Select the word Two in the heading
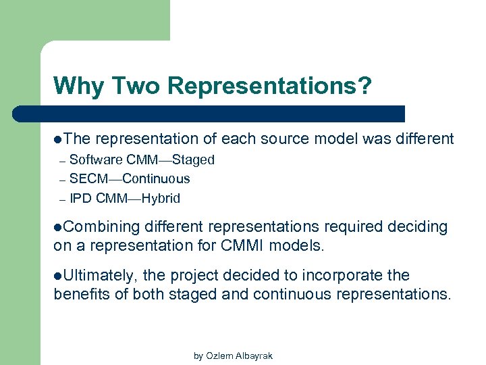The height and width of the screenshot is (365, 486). pyautogui.click(x=138, y=86)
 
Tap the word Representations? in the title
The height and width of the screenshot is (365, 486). pyautogui.click(x=269, y=87)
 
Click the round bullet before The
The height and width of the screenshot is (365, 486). pyautogui.click(x=58, y=139)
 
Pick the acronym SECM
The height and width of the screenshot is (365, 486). pyautogui.click(x=88, y=179)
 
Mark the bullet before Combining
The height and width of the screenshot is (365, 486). pyautogui.click(x=58, y=227)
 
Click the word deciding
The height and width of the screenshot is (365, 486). pyautogui.click(x=416, y=227)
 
